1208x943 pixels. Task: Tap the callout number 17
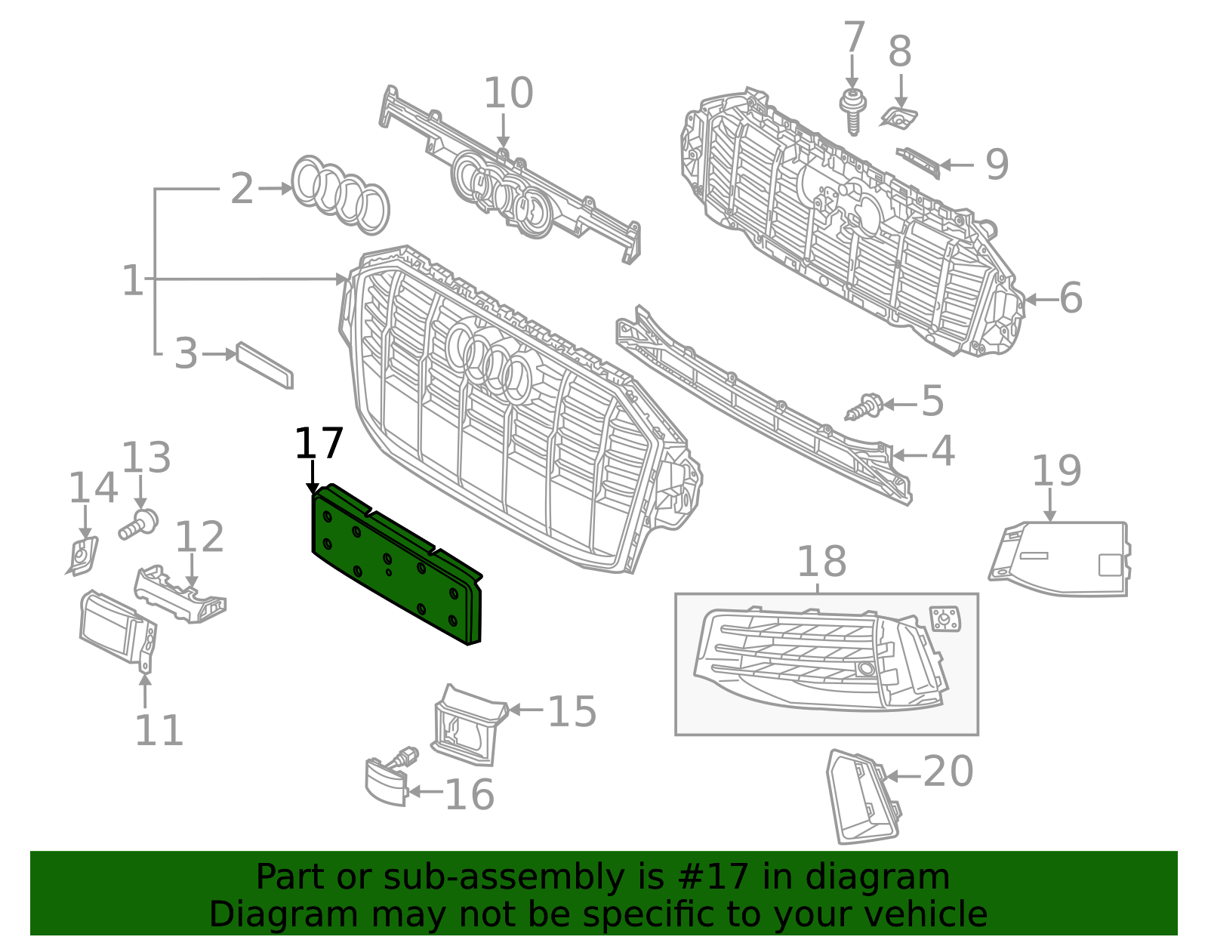319,444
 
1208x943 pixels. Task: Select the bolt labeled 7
853,109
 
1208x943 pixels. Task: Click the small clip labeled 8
899,117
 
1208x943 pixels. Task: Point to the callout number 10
508,94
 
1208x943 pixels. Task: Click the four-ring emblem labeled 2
340,195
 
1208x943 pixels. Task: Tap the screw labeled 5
864,408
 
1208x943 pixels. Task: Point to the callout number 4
942,451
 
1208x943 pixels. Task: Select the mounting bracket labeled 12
180,596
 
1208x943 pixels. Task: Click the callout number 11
159,731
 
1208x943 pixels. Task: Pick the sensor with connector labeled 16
389,778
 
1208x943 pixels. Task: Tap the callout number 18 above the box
821,562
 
